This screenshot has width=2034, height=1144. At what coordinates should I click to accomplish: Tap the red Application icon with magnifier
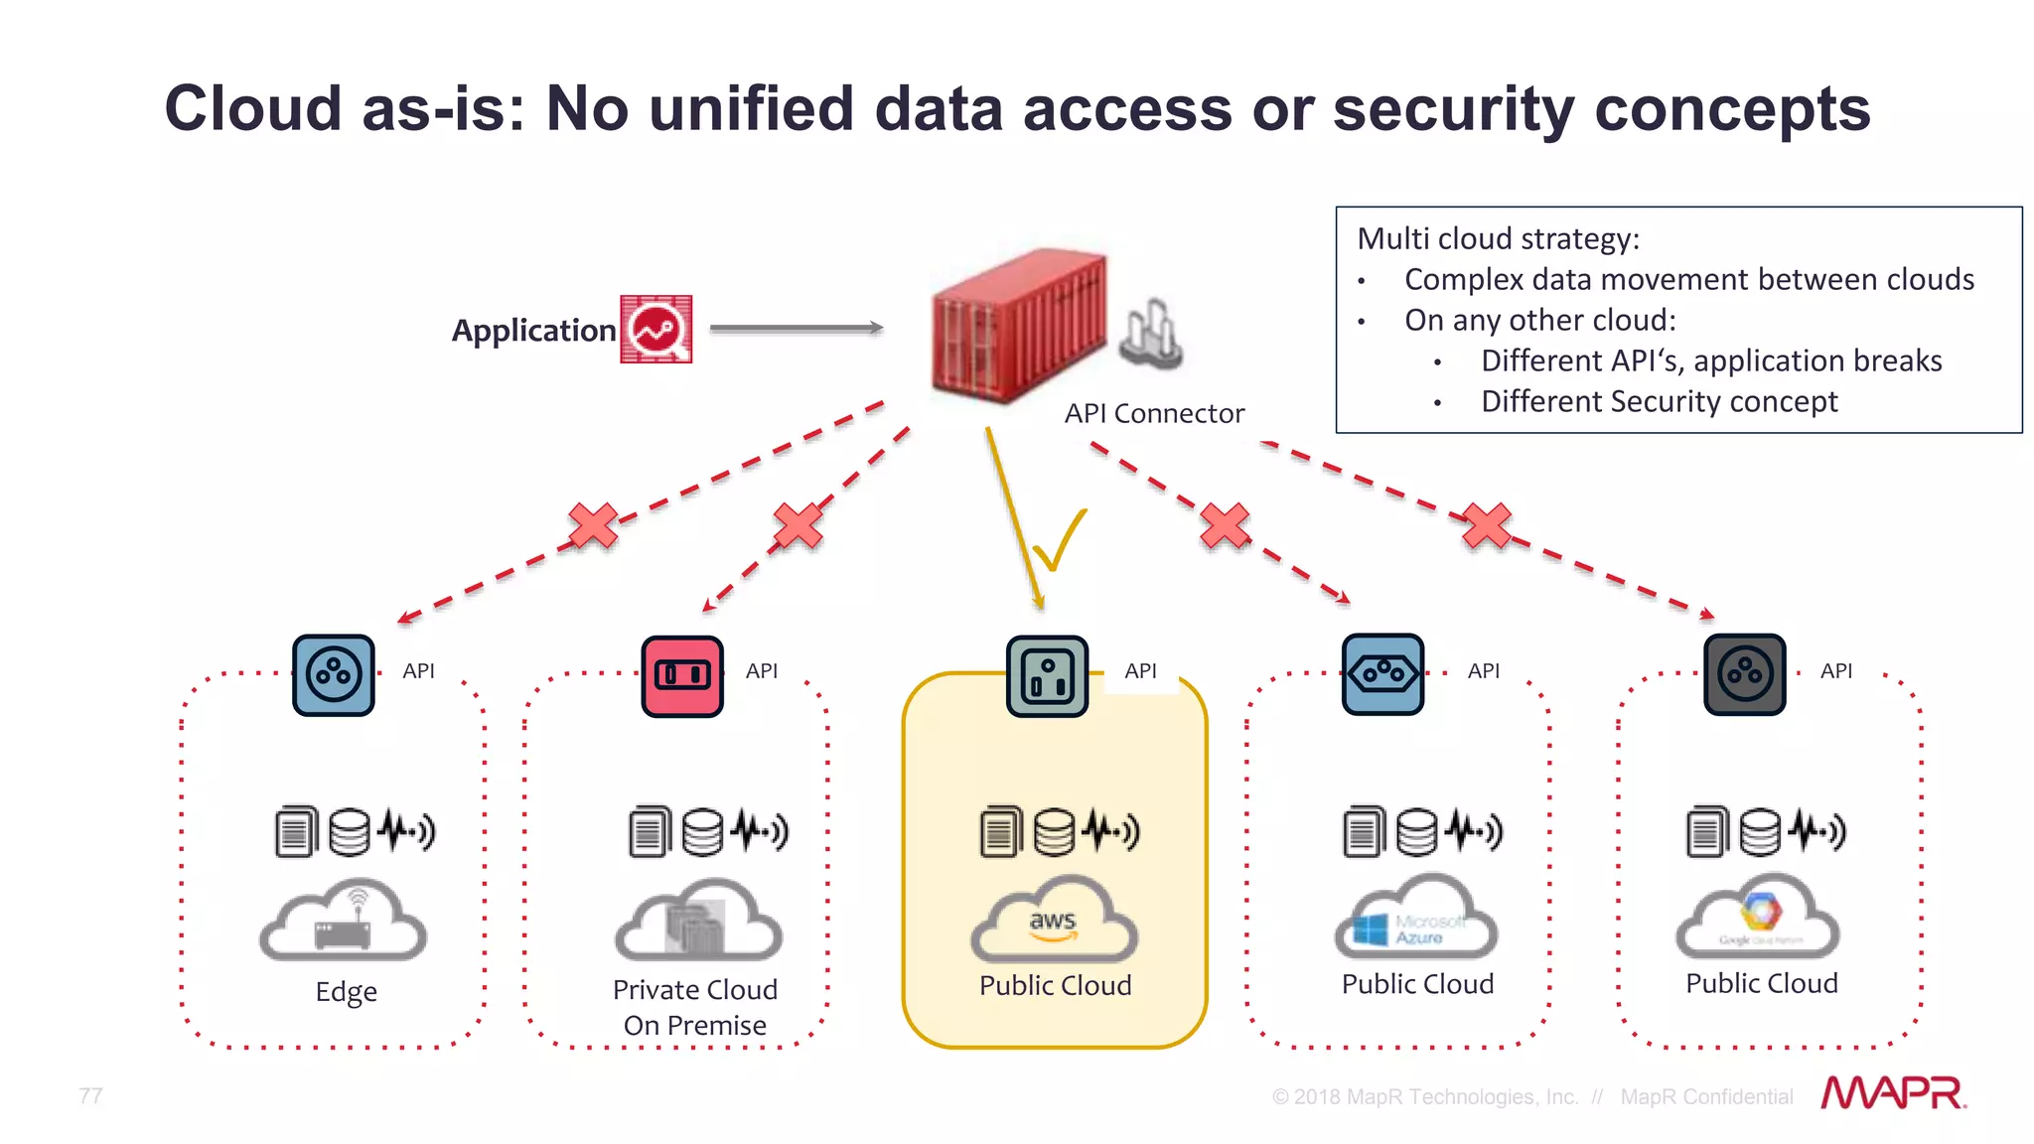point(655,329)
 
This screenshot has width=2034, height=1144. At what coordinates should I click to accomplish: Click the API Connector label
point(1154,413)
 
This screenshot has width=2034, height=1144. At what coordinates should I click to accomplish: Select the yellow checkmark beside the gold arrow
point(1060,541)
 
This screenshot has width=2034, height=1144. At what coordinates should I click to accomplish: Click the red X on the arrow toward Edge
point(593,526)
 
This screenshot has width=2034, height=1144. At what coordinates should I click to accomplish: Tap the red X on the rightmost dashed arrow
point(1487,526)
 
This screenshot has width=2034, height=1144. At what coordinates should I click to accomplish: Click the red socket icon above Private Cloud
point(682,675)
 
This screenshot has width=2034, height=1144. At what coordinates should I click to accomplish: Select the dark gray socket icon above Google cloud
point(1745,675)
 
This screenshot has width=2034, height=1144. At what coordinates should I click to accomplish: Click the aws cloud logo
point(1053,922)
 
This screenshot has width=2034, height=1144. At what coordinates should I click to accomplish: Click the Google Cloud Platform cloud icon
point(1758,919)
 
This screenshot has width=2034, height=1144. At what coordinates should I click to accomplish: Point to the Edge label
point(346,992)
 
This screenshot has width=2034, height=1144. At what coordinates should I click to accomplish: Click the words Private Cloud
point(694,990)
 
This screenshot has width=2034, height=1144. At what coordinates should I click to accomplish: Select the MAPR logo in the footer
point(1893,1093)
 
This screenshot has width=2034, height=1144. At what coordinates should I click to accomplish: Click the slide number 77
point(90,1095)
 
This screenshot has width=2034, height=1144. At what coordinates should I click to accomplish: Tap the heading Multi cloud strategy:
point(1498,239)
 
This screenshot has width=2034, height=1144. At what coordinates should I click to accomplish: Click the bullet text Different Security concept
point(1659,401)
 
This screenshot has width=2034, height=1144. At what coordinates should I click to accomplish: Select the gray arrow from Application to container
point(796,328)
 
